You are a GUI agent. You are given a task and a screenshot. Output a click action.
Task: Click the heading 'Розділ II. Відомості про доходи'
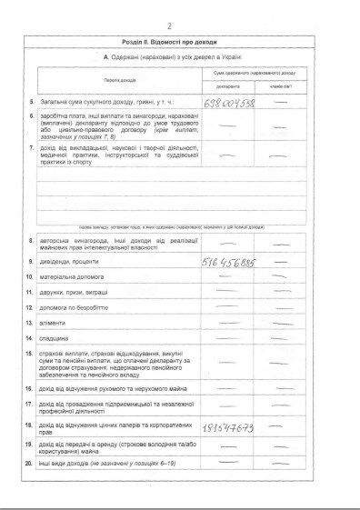point(180,42)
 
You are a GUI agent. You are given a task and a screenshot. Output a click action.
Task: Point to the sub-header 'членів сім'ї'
point(282,86)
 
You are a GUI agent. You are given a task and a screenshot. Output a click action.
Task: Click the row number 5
point(32,103)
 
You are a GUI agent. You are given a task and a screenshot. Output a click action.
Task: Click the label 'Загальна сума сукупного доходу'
point(95,103)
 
